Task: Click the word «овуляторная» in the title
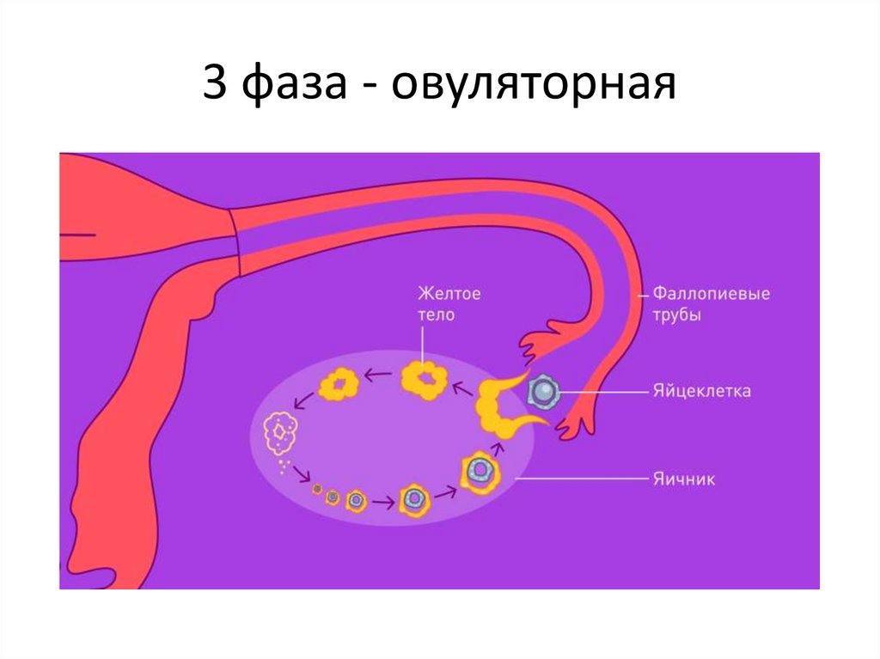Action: click(534, 88)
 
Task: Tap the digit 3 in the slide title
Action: click(216, 87)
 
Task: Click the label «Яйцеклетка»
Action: click(701, 391)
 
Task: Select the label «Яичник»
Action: click(683, 479)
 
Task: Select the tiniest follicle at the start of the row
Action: click(317, 490)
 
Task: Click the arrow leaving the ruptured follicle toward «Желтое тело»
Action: click(461, 389)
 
